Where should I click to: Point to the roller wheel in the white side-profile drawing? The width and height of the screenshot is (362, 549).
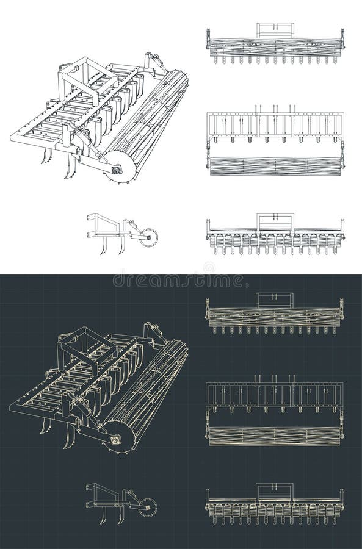coord(148,237)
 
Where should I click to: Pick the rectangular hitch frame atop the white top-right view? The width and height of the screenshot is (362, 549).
coord(275,30)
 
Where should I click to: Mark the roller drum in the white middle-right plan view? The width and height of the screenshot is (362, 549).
coord(275,166)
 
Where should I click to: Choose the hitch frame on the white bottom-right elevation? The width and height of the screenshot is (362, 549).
coord(275,221)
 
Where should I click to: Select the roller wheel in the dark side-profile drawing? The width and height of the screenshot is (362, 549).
coord(147,507)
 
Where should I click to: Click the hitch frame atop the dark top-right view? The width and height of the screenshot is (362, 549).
coord(274,300)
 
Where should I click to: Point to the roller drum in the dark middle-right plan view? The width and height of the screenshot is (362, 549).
coord(275,436)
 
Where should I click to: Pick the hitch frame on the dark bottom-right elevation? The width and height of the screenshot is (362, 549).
coord(274,490)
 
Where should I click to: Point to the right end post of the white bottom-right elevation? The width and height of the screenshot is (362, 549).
coord(342,229)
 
